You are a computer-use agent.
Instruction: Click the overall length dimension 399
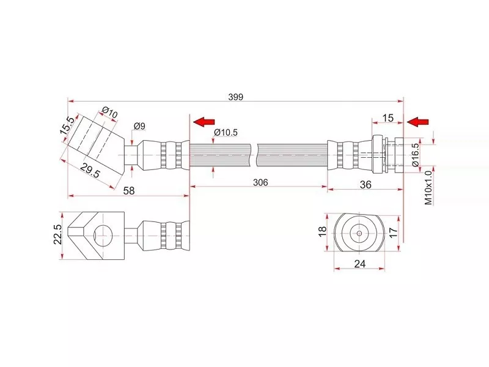235,96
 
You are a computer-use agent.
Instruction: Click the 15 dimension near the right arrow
387,117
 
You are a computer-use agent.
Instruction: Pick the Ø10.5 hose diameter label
226,133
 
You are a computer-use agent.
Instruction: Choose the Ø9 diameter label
139,126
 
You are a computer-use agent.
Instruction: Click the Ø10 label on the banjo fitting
110,113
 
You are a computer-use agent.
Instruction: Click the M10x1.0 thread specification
428,187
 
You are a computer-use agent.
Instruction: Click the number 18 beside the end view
323,232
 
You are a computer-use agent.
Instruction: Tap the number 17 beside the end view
393,232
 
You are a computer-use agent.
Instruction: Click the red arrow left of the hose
204,122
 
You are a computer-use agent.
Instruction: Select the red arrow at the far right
418,122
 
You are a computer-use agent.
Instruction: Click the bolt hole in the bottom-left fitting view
103,233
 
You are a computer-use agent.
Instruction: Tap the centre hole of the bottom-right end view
359,233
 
